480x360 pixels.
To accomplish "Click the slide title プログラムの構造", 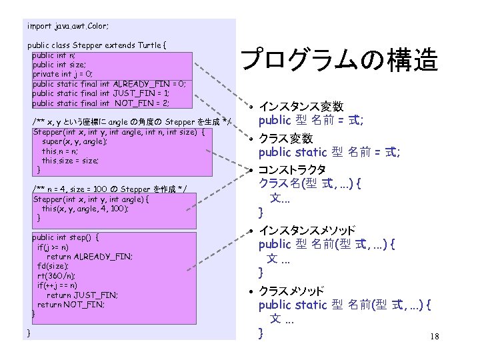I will [339, 60].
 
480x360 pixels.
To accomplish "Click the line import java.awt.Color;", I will [68, 27].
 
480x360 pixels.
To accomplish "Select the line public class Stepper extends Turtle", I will [97, 45].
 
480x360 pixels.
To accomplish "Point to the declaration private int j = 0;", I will [63, 75].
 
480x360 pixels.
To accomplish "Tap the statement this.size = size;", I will [70, 161].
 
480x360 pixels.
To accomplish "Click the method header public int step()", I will [66, 237].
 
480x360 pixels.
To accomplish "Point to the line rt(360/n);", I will [57, 275].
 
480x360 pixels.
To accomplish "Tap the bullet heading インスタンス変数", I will [301, 107].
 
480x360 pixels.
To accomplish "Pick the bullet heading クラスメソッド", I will [291, 291].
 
